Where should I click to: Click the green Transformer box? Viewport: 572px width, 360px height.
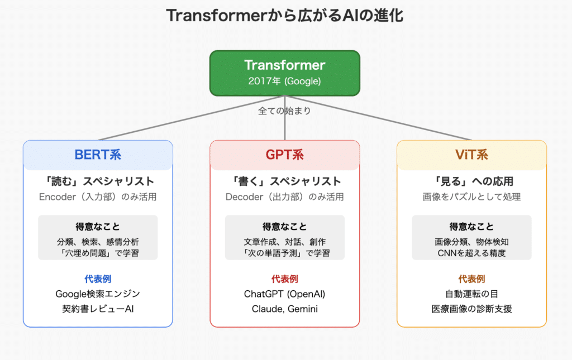(x=284, y=73)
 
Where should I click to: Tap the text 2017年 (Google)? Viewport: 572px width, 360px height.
(x=284, y=81)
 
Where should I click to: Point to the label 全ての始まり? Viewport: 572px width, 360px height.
(x=284, y=111)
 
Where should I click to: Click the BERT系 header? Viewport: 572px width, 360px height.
(x=98, y=155)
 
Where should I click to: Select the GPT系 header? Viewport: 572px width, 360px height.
(x=284, y=155)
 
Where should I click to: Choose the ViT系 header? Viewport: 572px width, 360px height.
(x=471, y=155)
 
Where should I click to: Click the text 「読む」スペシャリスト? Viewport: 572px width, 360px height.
(x=98, y=181)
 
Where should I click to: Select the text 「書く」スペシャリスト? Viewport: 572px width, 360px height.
(x=284, y=181)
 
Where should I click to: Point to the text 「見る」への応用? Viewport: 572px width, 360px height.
(x=471, y=181)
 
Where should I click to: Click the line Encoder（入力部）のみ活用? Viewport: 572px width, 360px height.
(x=98, y=197)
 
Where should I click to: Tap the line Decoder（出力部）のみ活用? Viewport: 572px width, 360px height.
(x=284, y=197)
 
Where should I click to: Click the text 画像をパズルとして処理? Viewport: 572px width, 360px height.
(x=471, y=197)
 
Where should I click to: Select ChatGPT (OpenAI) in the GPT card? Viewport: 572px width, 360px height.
(x=284, y=294)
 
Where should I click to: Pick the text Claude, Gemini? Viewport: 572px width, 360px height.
(x=284, y=309)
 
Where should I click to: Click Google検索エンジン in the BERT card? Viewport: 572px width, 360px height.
(x=98, y=294)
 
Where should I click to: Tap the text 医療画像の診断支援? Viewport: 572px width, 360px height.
(x=471, y=309)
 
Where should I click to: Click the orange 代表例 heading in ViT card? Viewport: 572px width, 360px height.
(x=471, y=279)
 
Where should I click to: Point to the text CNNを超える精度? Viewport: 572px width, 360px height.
(x=471, y=253)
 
